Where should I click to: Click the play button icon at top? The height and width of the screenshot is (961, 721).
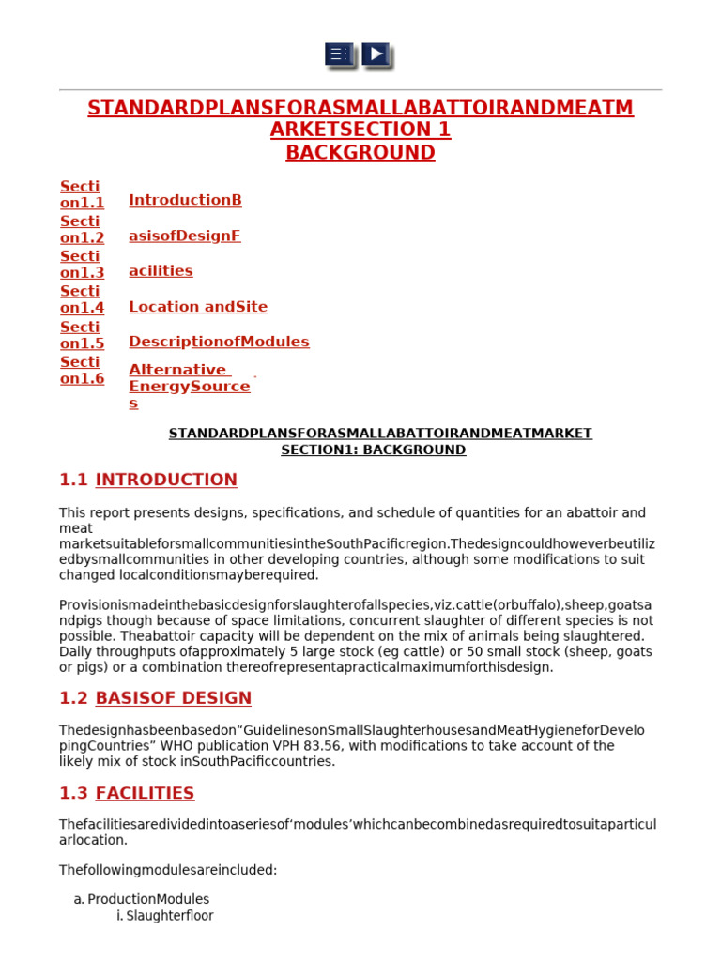point(376,54)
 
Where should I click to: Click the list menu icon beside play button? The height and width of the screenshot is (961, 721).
point(339,54)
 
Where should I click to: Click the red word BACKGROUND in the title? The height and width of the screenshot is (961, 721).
point(360,153)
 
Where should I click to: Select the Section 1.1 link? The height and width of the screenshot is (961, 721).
point(82,194)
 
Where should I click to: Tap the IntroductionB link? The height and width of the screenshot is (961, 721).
point(185,200)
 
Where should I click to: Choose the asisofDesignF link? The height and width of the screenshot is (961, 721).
point(184,236)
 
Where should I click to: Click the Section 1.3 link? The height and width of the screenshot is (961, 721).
point(82,265)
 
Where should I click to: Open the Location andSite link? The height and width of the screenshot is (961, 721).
point(197,307)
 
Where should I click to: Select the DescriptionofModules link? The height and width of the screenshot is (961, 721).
point(219,342)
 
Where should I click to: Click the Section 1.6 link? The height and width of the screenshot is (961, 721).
point(82,371)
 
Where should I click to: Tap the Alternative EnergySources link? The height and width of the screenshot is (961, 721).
point(188,386)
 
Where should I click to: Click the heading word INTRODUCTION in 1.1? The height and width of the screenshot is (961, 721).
point(166,480)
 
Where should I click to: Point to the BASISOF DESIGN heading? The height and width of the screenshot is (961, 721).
point(173,698)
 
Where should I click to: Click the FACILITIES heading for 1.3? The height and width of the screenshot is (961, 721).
point(145,793)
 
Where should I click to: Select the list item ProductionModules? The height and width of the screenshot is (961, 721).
point(148,899)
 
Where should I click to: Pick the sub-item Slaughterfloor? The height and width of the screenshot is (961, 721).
point(169,916)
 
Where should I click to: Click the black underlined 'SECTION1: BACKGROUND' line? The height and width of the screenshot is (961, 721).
point(373,450)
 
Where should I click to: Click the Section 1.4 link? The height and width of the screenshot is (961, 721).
point(82,299)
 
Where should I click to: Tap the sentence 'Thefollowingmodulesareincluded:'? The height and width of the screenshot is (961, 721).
point(168,870)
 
